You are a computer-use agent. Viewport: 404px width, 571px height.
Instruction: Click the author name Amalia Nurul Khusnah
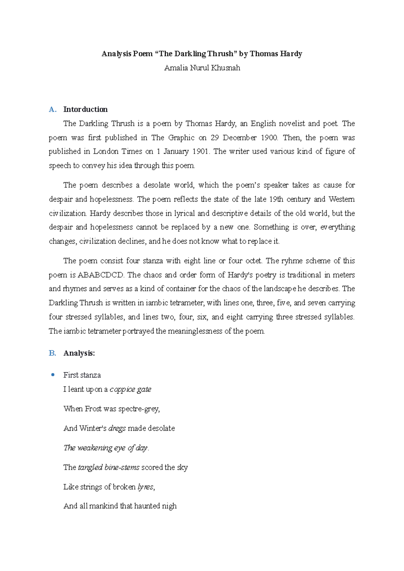[x=202, y=68]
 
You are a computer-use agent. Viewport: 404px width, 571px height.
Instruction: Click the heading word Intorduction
[x=86, y=109]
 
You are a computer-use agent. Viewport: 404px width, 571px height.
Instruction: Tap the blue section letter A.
[x=52, y=109]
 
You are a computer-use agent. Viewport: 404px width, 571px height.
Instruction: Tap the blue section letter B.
[x=52, y=353]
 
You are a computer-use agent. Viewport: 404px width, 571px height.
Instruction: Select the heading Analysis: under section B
[x=79, y=353]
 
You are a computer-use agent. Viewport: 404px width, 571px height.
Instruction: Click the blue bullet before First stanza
[x=53, y=375]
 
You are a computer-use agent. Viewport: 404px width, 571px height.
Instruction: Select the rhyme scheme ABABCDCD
[x=101, y=275]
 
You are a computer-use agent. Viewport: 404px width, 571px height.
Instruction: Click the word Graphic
[x=181, y=138]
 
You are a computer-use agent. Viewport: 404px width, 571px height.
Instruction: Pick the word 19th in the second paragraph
[x=276, y=199]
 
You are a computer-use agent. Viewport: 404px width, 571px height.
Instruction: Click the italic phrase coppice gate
[x=130, y=389]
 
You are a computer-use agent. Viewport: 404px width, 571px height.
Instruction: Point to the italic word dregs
[x=117, y=428]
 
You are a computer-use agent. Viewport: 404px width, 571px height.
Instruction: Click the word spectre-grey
[x=138, y=409]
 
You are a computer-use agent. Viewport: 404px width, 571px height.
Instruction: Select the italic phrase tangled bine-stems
[x=108, y=467]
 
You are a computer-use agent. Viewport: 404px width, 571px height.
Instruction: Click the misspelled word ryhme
[x=291, y=261]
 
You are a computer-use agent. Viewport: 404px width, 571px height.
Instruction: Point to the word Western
[x=341, y=199]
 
